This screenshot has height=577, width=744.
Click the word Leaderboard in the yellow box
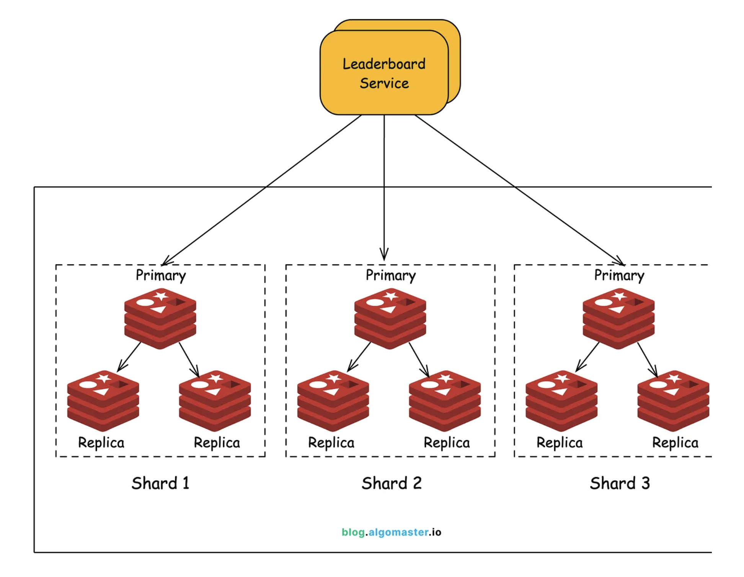click(384, 64)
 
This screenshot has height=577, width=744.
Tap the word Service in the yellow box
click(384, 84)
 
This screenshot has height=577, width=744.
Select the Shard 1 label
click(160, 483)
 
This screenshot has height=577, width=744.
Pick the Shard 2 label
click(392, 483)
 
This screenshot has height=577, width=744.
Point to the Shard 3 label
click(620, 483)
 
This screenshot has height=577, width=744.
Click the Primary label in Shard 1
click(161, 275)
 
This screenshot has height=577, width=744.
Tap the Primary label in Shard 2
click(391, 275)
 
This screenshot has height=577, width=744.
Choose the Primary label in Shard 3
click(619, 275)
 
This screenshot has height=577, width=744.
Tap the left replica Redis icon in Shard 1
click(103, 401)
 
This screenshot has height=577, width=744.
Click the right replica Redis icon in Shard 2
click(445, 401)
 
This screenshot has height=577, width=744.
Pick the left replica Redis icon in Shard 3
click(561, 401)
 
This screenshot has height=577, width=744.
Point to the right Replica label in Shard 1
click(217, 443)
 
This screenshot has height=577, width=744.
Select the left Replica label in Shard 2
click(331, 443)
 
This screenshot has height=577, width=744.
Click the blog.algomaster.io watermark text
click(391, 532)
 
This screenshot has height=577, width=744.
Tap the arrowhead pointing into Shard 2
click(384, 256)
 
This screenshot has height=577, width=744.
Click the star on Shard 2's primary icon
click(391, 296)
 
